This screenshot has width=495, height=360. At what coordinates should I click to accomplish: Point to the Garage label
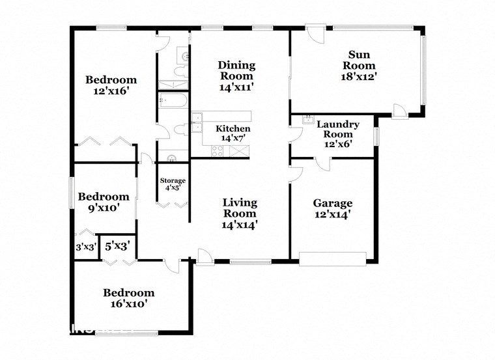point(332,202)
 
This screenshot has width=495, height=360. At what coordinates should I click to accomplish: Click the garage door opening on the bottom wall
point(332,259)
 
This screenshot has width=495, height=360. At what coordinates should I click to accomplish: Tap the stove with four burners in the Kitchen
point(218,150)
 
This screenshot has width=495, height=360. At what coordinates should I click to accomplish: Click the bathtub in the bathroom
point(174,100)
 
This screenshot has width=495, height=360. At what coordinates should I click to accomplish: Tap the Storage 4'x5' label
point(173,184)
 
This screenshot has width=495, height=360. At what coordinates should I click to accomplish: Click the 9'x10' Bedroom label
point(104,202)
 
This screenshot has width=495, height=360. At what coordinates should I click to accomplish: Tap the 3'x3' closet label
point(85,247)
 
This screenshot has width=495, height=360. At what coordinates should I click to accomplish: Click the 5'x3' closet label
point(117,247)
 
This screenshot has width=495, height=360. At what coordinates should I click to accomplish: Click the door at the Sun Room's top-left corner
point(315,35)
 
